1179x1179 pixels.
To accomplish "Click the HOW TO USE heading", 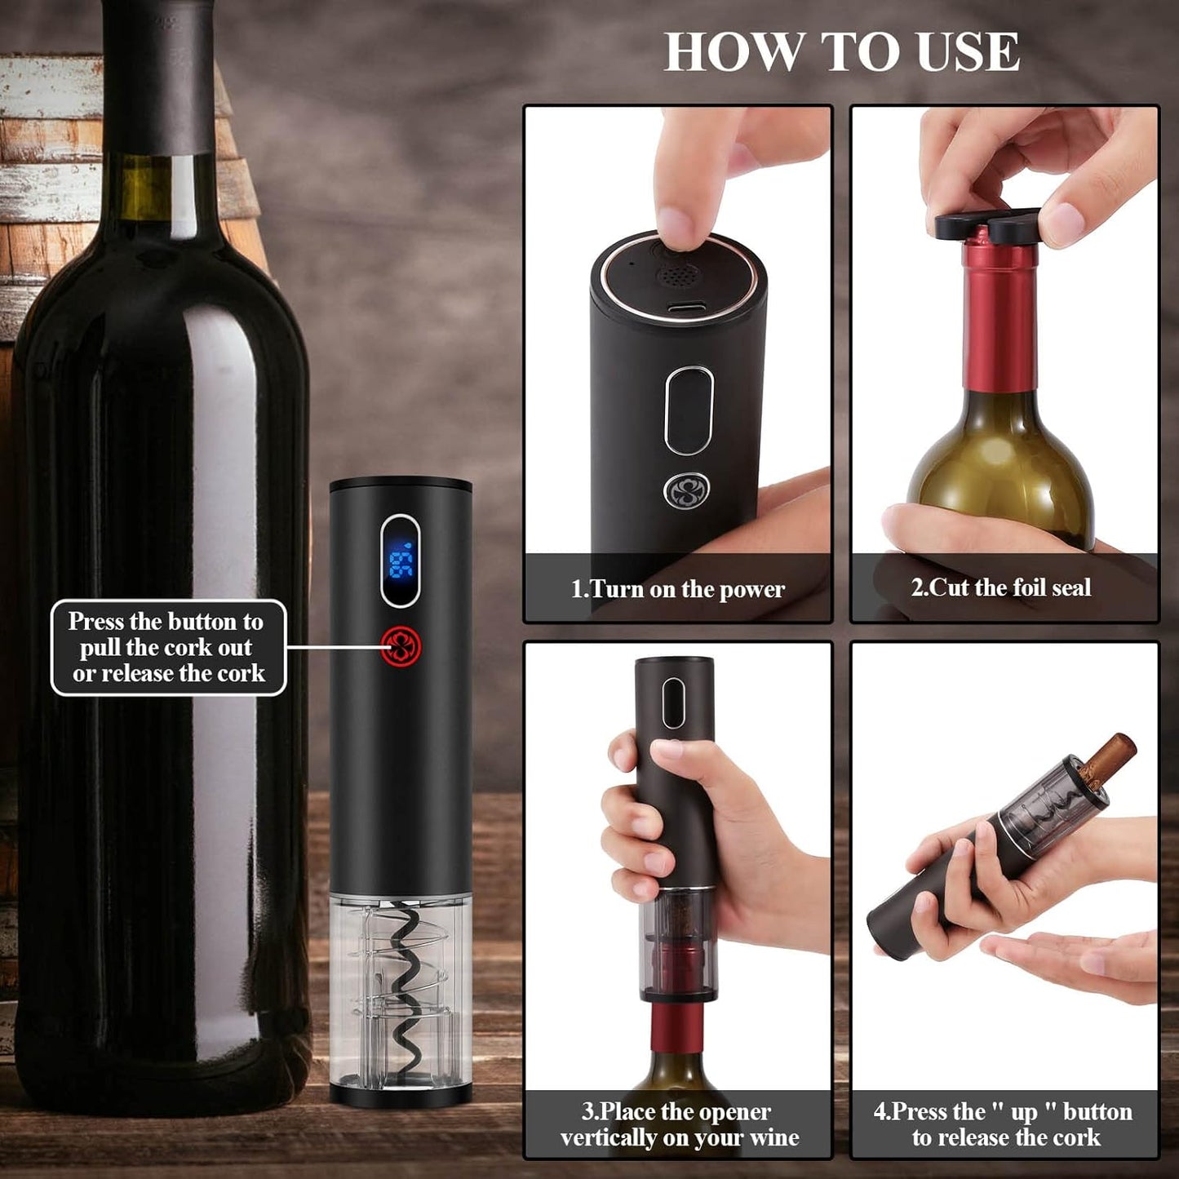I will (x=841, y=52).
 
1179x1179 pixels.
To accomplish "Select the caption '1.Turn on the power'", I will (x=677, y=588).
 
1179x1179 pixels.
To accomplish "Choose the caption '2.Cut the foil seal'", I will (x=1001, y=587).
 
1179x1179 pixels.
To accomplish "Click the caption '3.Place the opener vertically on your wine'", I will (x=678, y=1124).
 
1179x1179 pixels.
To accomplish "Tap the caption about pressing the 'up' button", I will (x=1004, y=1124).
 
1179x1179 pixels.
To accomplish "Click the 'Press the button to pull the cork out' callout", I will (x=168, y=648).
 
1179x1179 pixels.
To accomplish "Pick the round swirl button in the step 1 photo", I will (x=686, y=491).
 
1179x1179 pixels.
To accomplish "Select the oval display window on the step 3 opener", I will (x=673, y=703).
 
